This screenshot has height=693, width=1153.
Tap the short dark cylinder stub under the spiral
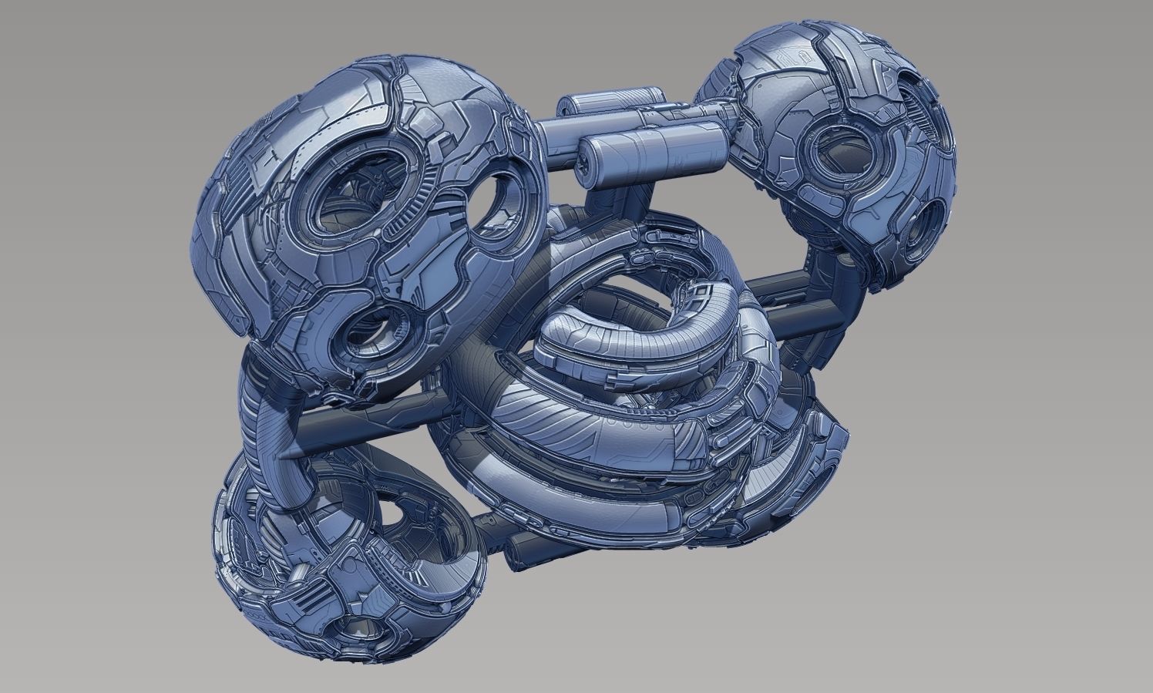pos(524,551)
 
